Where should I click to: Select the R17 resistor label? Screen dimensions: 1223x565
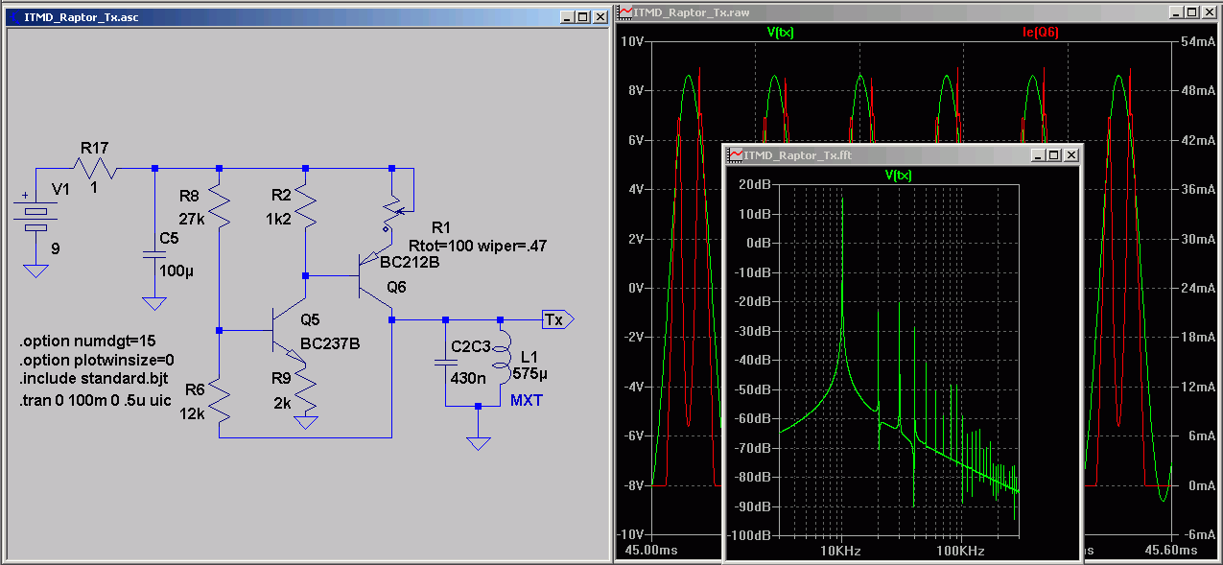coord(94,148)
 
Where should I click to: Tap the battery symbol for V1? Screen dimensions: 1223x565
coord(35,219)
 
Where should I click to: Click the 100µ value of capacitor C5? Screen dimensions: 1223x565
coord(176,271)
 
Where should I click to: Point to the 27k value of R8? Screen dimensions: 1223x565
coord(192,219)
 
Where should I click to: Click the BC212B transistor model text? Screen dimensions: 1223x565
coord(410,263)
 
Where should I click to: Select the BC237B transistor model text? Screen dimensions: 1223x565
coord(330,344)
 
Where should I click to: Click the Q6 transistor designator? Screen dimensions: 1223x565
coord(396,287)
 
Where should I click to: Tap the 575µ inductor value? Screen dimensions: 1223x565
coord(529,374)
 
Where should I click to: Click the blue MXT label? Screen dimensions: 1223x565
coord(527,400)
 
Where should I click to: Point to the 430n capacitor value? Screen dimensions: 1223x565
coord(468,378)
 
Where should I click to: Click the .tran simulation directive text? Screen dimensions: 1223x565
coord(96,401)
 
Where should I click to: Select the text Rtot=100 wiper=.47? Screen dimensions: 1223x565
coord(478,247)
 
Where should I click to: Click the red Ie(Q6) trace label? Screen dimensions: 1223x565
coord(1040,33)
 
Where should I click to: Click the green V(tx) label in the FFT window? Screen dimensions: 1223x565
coord(898,176)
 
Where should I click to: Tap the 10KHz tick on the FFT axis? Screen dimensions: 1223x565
coord(840,551)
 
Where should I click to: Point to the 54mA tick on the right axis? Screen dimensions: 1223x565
coord(1198,42)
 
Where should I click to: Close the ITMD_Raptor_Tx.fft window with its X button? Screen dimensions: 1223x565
coord(1071,155)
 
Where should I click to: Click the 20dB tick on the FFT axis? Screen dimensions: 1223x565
coord(755,184)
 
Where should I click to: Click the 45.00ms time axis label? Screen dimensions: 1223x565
coord(651,550)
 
